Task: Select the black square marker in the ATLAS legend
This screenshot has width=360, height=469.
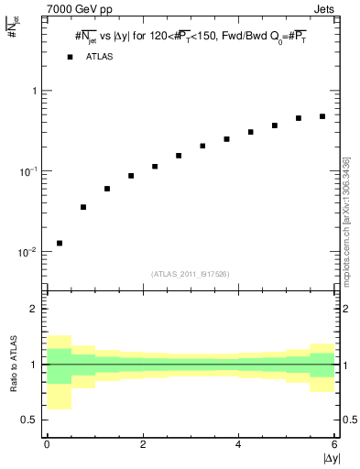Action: tap(70, 57)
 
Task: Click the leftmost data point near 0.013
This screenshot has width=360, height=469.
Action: tap(60, 243)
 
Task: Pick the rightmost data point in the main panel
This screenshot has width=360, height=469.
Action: tap(322, 116)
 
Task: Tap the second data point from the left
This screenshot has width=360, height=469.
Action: tap(83, 207)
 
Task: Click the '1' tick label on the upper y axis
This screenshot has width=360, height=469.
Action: tap(33, 92)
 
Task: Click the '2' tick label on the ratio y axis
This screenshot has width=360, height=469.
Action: tap(33, 309)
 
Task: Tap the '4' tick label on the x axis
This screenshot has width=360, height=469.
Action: tap(238, 444)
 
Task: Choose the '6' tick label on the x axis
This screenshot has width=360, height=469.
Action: tap(334, 444)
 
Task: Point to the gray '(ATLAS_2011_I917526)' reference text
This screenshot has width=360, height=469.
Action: tap(191, 274)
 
